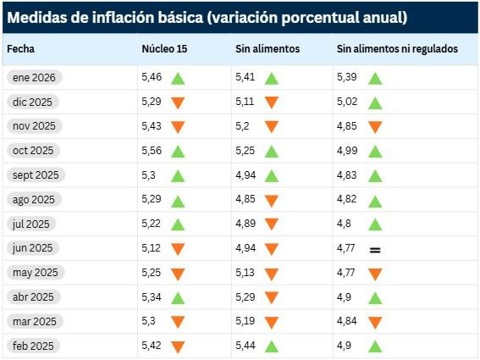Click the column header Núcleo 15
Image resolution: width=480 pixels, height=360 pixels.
coord(164,49)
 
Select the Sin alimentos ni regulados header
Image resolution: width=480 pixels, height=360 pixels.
coord(397,49)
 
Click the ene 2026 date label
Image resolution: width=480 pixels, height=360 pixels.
coord(34,78)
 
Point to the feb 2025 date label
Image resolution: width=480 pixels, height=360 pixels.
coord(34,346)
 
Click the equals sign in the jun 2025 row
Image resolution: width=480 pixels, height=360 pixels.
coord(375,249)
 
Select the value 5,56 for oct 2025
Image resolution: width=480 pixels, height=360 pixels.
coord(151,151)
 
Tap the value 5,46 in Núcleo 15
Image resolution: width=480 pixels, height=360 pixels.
coord(151,78)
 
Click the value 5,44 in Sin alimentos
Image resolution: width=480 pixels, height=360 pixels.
coord(246,346)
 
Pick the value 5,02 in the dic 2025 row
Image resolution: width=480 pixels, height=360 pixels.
coord(348,102)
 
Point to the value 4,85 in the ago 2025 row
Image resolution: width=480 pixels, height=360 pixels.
coord(246,200)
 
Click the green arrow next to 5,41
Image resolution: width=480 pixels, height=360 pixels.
coord(271,79)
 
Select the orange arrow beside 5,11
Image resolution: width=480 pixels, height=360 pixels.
coord(271,102)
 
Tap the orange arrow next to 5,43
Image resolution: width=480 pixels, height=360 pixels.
coord(178,127)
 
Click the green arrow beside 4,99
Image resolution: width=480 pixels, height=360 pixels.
coord(375,152)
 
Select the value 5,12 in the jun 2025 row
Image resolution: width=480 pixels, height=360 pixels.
coord(151,248)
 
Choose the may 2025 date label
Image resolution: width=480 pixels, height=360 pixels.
coord(34,273)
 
